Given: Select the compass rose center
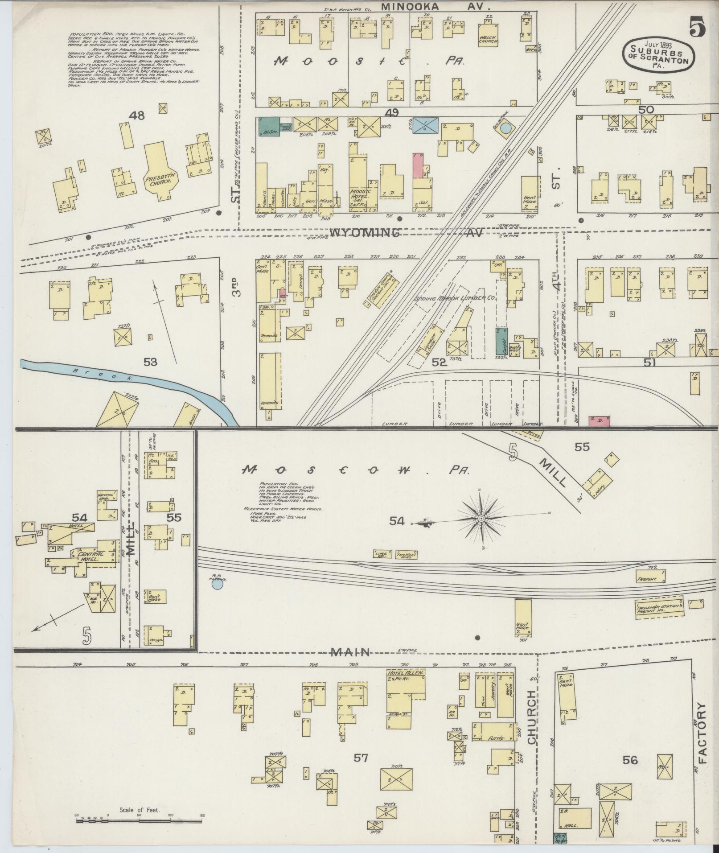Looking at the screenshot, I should point(481,519).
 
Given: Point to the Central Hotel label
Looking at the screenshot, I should point(91,556).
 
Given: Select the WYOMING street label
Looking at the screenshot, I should point(365,233).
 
